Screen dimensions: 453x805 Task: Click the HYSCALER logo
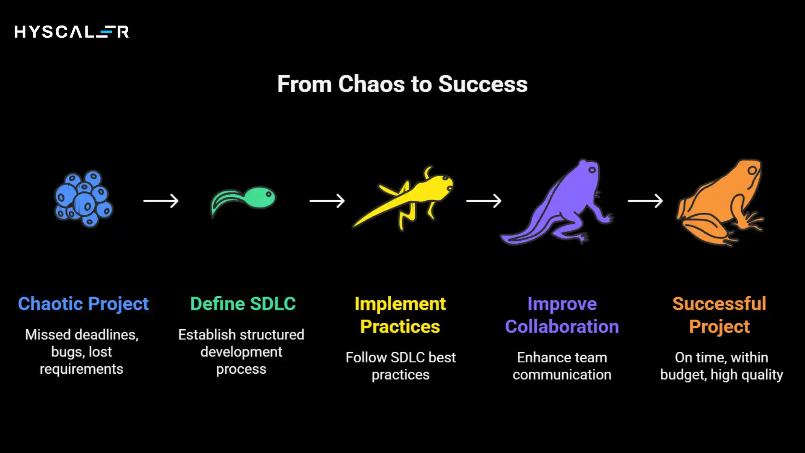pos(71,32)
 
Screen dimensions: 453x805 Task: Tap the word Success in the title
pos(483,84)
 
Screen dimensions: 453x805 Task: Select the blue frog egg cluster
pos(84,199)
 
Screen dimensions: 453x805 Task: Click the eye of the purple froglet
pos(592,170)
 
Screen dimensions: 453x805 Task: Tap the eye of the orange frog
pos(752,170)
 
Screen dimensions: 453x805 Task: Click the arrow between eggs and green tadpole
pos(161,201)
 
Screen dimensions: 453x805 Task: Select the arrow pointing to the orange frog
pos(645,201)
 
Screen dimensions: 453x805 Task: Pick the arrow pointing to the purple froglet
pos(484,201)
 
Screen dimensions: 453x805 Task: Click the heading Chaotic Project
pos(83,304)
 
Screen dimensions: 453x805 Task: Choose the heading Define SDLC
pos(243,304)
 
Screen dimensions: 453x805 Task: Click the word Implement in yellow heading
pos(400,304)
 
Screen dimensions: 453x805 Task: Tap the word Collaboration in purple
pos(561,326)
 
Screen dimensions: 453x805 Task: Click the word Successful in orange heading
pos(719,304)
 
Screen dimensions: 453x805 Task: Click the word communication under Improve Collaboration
pos(561,375)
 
